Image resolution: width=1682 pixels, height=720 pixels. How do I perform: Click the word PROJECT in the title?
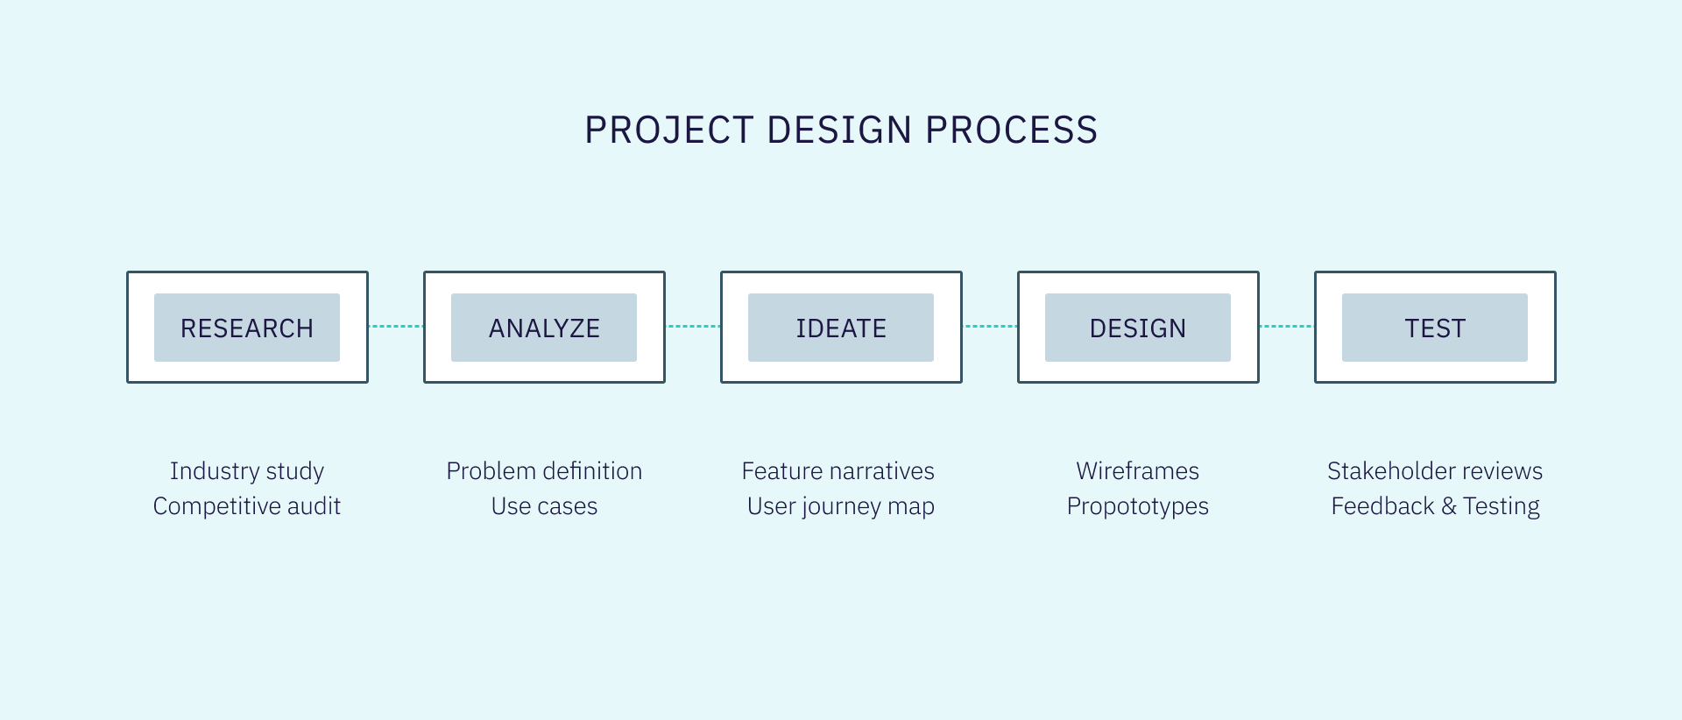(669, 131)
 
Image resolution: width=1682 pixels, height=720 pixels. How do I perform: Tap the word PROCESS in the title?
(1012, 131)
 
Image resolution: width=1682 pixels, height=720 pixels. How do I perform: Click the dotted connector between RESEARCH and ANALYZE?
(396, 326)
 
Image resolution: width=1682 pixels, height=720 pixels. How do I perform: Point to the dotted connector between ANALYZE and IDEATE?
(693, 326)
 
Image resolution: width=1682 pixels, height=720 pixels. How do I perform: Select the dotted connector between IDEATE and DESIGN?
(990, 326)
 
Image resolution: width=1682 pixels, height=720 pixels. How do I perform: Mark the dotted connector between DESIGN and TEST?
(1287, 326)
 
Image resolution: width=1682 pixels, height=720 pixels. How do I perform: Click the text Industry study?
(247, 471)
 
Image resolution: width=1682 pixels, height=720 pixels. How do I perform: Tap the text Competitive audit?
(247, 506)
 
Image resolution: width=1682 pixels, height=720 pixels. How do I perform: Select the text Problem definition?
(544, 470)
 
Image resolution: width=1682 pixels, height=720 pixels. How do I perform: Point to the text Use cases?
(544, 506)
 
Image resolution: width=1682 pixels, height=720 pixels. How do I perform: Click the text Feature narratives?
(838, 470)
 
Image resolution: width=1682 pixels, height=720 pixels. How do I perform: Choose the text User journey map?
(841, 506)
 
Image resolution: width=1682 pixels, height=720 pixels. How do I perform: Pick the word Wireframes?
(1138, 470)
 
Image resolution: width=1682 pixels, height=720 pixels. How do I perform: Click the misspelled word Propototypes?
(1138, 506)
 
